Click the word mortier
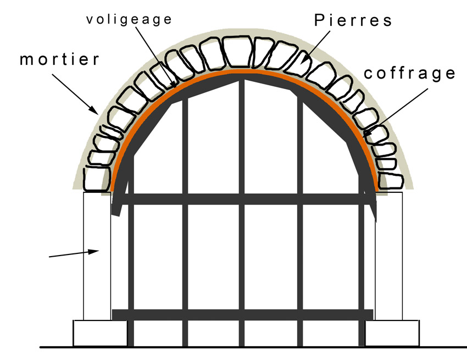point(60,59)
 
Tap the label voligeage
point(129,19)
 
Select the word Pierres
point(354,21)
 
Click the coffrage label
point(409,74)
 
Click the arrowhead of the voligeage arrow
point(176,86)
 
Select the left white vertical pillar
point(97,256)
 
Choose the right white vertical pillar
point(389,256)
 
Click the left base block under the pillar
point(100,333)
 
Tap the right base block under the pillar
point(392,333)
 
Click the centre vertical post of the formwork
point(241,220)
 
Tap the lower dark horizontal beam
point(242,314)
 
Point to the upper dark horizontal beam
point(242,199)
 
